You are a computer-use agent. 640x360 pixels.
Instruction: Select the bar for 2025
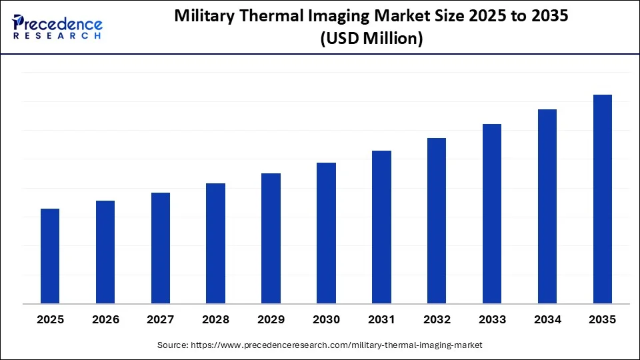point(50,256)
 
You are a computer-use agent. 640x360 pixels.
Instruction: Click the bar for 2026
point(105,252)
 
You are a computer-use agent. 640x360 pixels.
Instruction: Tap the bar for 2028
point(215,243)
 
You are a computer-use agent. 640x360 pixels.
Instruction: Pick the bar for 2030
point(326,233)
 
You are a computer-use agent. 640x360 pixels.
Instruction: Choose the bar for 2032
point(437,221)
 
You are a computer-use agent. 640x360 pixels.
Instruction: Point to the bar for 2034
point(547,206)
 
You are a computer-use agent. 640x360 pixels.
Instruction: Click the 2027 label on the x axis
point(161,320)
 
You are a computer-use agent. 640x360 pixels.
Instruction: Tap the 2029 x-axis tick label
point(271,320)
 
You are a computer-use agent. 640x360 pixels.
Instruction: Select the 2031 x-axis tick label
point(381,320)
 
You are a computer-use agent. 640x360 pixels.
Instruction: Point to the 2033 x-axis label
point(492,320)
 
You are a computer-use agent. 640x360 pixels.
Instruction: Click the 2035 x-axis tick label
point(603,320)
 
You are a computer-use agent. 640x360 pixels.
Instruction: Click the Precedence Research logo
point(57,27)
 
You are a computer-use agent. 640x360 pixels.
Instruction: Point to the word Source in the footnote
point(173,345)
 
